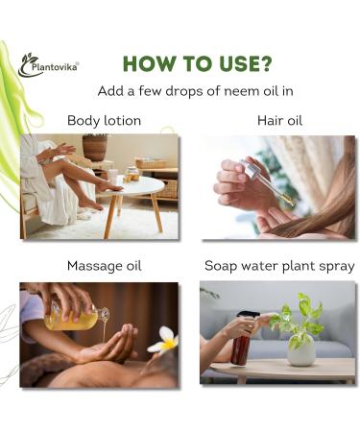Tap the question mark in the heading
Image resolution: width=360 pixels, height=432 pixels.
point(264,63)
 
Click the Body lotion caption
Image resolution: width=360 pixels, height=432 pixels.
point(104,121)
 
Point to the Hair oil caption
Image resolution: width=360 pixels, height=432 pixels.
point(278,121)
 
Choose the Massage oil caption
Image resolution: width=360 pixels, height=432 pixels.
point(104,265)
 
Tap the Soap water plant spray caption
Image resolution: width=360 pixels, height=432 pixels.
point(278,265)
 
